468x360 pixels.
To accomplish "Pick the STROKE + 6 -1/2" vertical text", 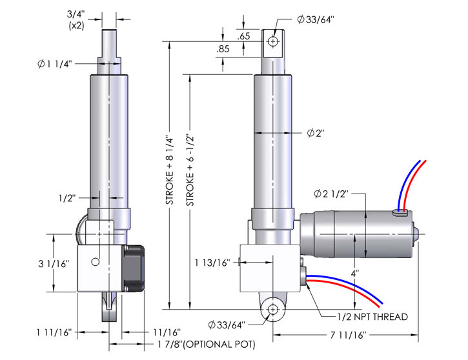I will tap(190, 172).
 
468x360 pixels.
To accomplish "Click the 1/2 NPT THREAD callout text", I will tap(372, 317).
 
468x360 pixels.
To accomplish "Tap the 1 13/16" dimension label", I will tap(212, 263).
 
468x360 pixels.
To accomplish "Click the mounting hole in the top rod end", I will tap(274, 41).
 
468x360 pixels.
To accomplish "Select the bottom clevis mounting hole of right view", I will tap(274, 309).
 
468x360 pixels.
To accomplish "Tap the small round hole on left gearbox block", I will tap(95, 262).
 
